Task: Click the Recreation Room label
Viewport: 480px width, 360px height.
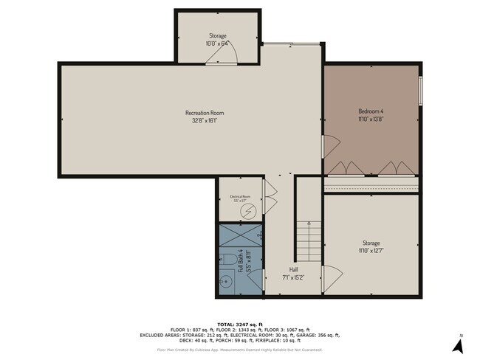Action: point(205,113)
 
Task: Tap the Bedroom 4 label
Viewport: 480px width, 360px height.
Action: point(371,111)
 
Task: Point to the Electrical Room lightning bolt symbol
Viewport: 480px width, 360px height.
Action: point(248,210)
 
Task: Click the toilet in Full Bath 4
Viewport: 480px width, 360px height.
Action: point(229,260)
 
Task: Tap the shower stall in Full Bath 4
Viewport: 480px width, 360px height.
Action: point(240,236)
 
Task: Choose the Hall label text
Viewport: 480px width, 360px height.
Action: point(293,270)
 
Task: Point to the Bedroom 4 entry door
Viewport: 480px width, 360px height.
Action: point(329,146)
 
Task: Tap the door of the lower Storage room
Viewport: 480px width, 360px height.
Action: point(330,278)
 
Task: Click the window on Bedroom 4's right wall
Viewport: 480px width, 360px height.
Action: point(419,91)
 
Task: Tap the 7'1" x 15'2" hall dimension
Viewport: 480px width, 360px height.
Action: point(293,278)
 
